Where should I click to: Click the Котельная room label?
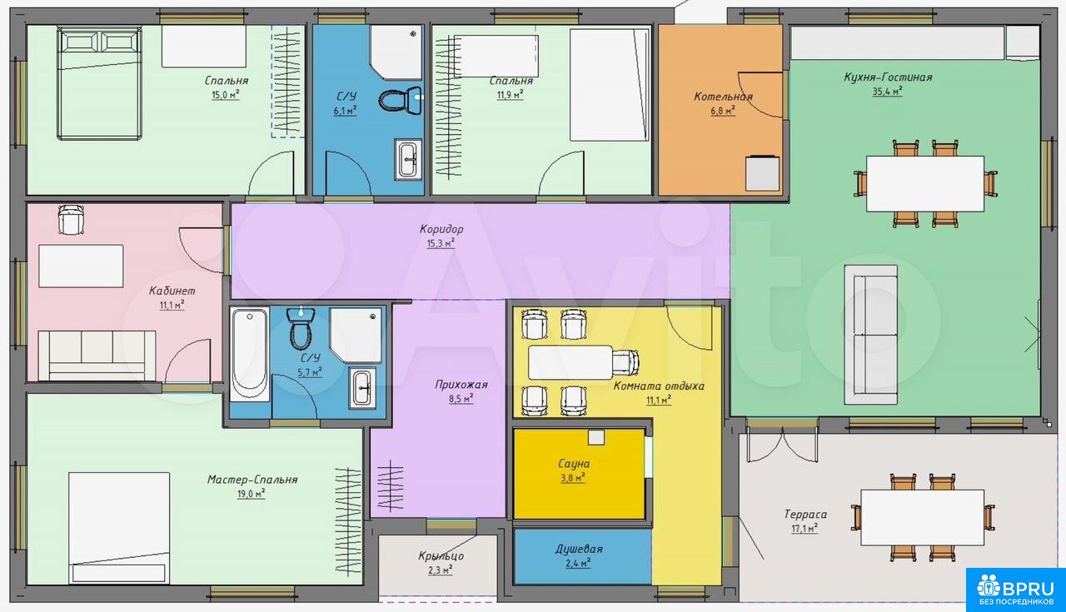coord(723,97)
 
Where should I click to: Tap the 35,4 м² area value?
coord(888,92)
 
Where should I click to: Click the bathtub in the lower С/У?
coord(250,355)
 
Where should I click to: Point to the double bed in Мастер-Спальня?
coord(119,528)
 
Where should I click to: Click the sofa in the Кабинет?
coord(97,356)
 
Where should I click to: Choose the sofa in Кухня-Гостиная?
coord(871,335)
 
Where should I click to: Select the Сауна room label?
coord(574,464)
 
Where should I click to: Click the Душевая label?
coord(579,550)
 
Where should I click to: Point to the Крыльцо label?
coord(441,556)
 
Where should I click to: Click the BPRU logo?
coord(1015,590)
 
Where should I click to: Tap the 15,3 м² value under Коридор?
coord(441,244)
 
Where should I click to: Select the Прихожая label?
coord(461,385)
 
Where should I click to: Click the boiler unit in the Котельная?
coord(762,173)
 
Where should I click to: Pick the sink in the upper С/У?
coord(408,159)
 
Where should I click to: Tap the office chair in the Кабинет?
coord(71,219)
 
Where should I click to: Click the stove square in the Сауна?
coord(595,437)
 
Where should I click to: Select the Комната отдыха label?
coord(659,386)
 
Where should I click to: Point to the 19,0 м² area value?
coord(252,494)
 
